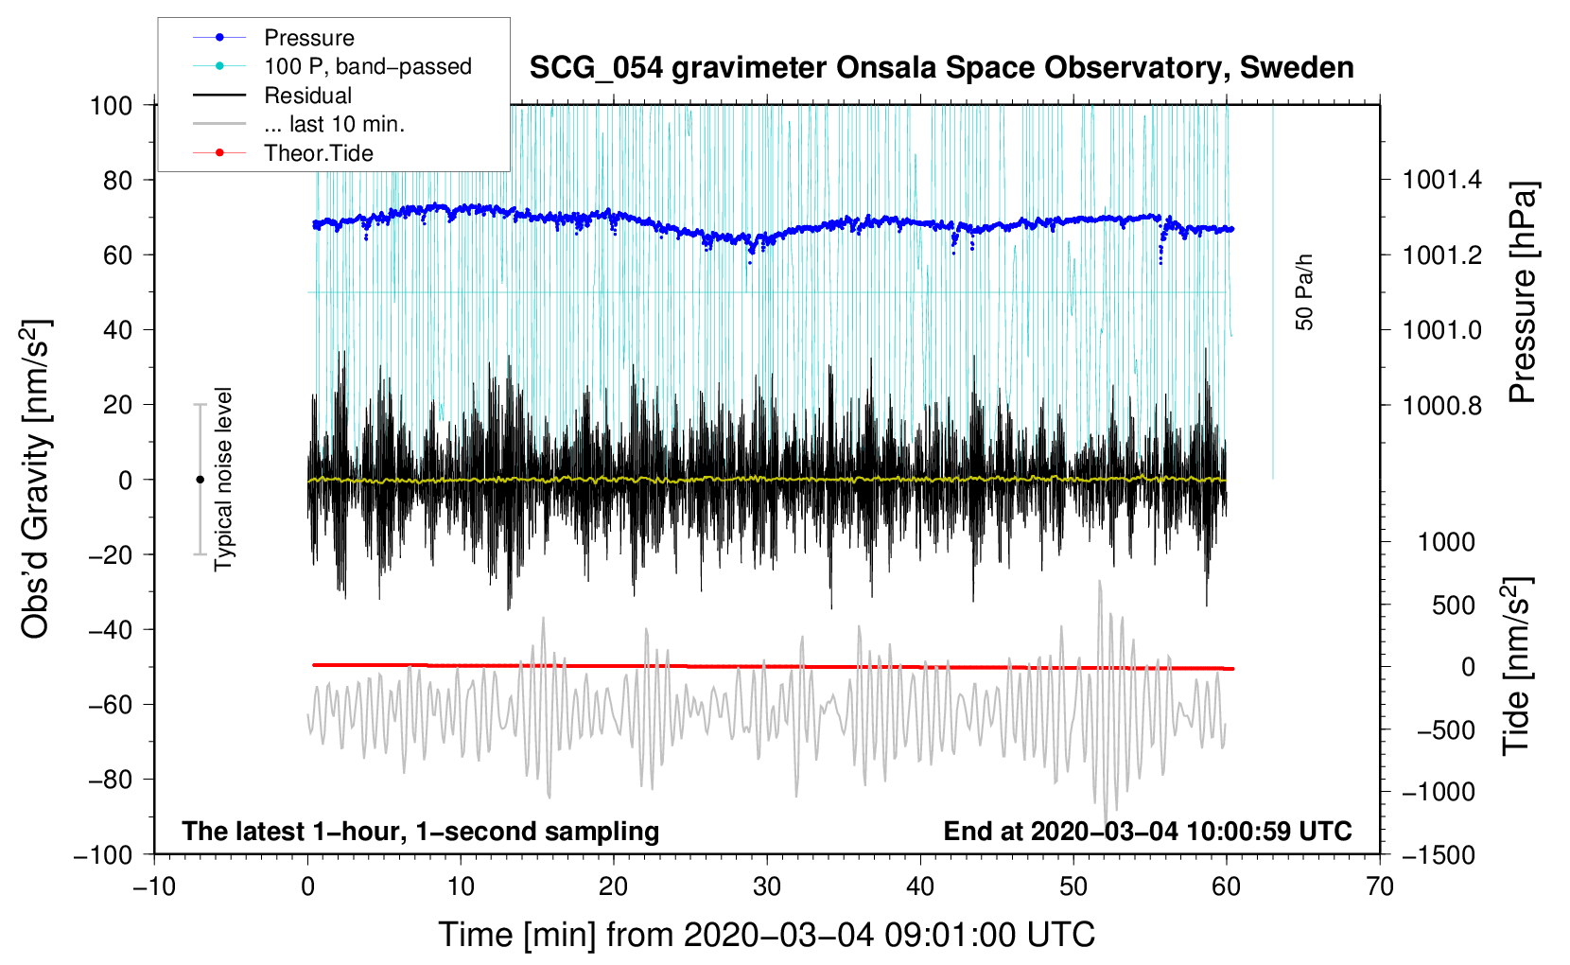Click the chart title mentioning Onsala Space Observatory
[x=941, y=68]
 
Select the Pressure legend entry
[x=308, y=38]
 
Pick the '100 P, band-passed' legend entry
[x=367, y=66]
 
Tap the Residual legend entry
[x=307, y=96]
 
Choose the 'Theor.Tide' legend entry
[x=318, y=153]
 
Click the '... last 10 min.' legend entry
[x=334, y=124]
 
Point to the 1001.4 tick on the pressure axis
[x=1442, y=180]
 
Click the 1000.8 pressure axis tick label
[x=1442, y=406]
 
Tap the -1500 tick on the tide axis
[x=1438, y=854]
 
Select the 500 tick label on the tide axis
[x=1453, y=605]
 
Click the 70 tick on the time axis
[x=1380, y=886]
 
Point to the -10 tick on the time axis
[x=154, y=886]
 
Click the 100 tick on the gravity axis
[x=111, y=105]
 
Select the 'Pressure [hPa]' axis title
[x=1522, y=292]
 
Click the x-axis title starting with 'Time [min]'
[x=767, y=935]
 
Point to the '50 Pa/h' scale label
[x=1305, y=292]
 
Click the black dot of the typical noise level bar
[x=200, y=480]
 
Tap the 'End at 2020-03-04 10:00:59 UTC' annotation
[x=1147, y=831]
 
